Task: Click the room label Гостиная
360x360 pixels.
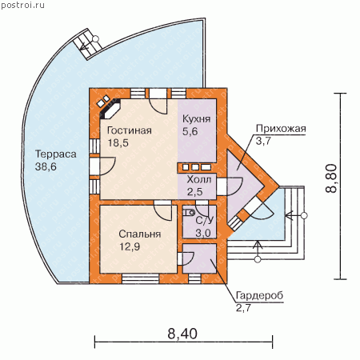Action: click(x=130, y=130)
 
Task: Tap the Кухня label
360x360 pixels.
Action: click(x=197, y=119)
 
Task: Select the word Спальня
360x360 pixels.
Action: click(x=140, y=234)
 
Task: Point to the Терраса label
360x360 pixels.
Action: click(x=56, y=154)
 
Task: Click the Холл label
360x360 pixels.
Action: click(x=199, y=179)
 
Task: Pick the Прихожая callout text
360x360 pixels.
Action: click(x=281, y=129)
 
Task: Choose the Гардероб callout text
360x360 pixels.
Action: click(x=259, y=295)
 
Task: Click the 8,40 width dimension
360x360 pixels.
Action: click(x=182, y=334)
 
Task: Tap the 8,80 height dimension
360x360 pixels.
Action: click(x=332, y=178)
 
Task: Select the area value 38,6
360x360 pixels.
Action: click(x=46, y=167)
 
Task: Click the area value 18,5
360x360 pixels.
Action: click(x=118, y=142)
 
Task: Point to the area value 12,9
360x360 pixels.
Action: click(x=130, y=246)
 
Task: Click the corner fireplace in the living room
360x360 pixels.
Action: click(x=110, y=109)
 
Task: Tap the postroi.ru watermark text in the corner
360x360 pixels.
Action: click(x=23, y=5)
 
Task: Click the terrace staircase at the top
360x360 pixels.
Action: click(x=87, y=44)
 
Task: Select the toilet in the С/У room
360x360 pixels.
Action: click(x=190, y=213)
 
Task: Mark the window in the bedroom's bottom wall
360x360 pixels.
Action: click(x=141, y=278)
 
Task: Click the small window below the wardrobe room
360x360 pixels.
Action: click(x=194, y=278)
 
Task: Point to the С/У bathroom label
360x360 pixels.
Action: click(x=205, y=221)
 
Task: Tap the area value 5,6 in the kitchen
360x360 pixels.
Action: click(x=190, y=131)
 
